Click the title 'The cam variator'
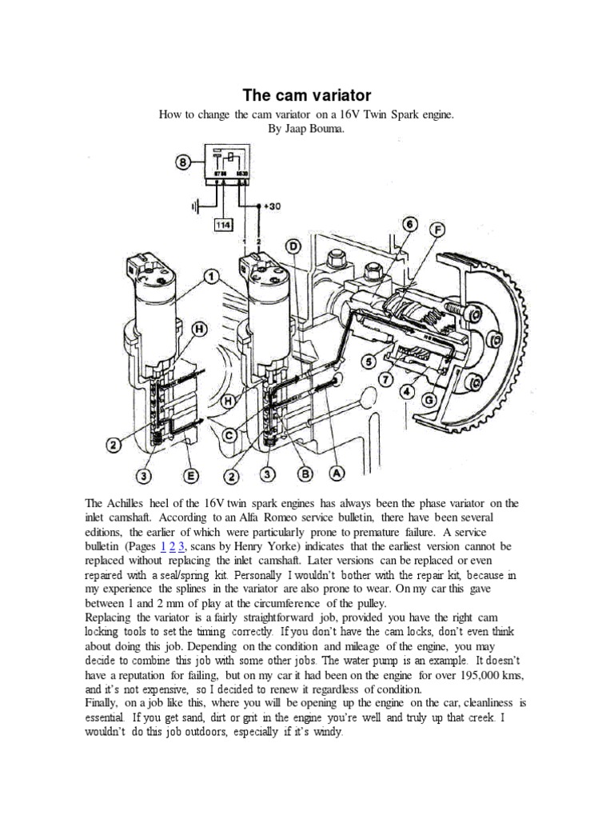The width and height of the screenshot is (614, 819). coord(306,96)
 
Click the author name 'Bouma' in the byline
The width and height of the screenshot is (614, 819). coord(324,129)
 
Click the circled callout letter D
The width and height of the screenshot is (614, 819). coord(293,245)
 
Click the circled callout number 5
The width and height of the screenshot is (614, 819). coord(369,362)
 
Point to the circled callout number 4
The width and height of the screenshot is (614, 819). coord(408,392)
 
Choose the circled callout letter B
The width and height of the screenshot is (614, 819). coord(304,475)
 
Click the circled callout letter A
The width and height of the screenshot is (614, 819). coord(337,473)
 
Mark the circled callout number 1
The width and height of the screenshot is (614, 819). coord(211,278)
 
